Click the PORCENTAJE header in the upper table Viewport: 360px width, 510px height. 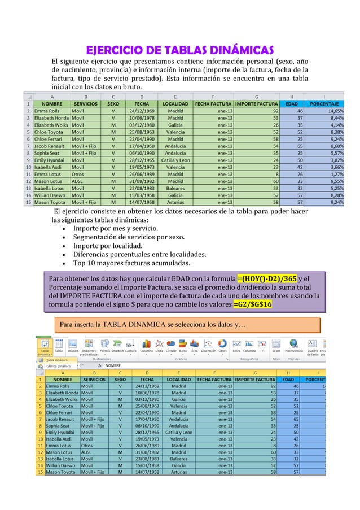[324, 104]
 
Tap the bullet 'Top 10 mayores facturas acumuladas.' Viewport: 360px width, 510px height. [131, 263]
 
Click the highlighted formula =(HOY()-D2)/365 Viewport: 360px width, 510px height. [266, 278]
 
